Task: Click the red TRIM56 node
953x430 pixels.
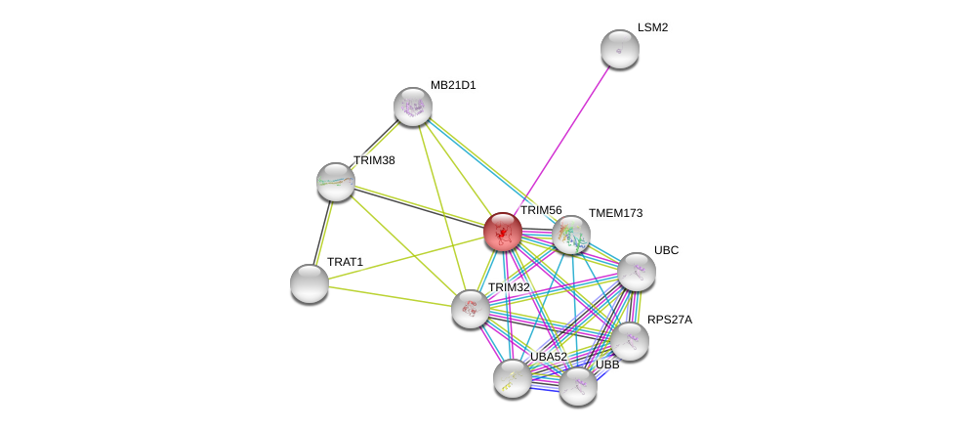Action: tap(503, 232)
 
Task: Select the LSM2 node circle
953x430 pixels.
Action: tap(619, 49)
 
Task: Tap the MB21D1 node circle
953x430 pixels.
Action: tap(413, 107)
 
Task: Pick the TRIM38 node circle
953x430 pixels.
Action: tap(336, 182)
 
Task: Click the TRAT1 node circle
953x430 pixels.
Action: tap(310, 283)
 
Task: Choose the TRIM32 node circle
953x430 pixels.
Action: tap(471, 309)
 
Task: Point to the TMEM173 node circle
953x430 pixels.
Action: tap(571, 236)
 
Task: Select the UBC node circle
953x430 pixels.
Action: tap(637, 272)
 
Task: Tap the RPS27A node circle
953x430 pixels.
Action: tap(630, 341)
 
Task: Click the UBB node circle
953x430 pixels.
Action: tap(578, 386)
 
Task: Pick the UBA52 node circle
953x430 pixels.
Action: tap(513, 378)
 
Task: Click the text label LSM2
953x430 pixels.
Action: tap(652, 27)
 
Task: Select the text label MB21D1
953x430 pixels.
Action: tap(453, 85)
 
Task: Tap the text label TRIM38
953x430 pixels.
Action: tap(374, 160)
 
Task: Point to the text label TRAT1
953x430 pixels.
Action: tap(345, 262)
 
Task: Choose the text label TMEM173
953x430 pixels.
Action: tap(615, 213)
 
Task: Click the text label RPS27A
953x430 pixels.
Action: tap(669, 320)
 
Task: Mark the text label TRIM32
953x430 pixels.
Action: tap(509, 287)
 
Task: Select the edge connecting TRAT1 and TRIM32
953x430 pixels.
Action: tap(391, 296)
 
